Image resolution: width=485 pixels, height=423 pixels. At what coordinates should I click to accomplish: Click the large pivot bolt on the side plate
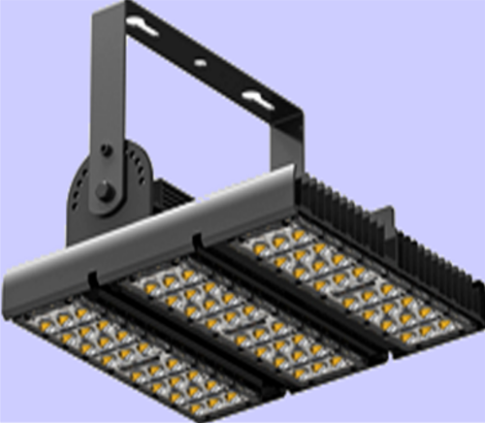point(104,187)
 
